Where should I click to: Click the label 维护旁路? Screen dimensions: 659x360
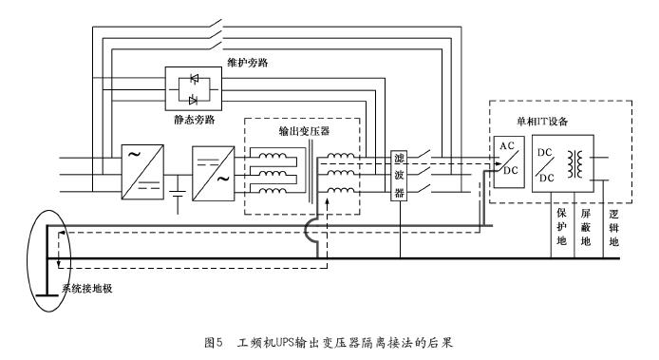(x=248, y=63)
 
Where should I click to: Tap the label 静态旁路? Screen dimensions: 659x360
(x=195, y=120)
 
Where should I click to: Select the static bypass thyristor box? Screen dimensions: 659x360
(x=194, y=88)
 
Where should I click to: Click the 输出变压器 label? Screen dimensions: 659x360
(x=304, y=131)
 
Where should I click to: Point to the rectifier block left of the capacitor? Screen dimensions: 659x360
(x=142, y=172)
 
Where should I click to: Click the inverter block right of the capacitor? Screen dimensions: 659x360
(x=213, y=173)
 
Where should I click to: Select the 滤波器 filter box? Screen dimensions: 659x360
(x=399, y=176)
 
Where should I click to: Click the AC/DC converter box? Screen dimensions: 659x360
(x=509, y=161)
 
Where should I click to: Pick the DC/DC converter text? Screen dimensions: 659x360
(x=545, y=165)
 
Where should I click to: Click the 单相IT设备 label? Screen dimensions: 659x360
(x=542, y=122)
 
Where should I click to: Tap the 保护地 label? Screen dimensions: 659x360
(x=562, y=227)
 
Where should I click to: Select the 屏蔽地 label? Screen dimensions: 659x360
(x=586, y=227)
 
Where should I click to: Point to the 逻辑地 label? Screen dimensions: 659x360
(x=614, y=228)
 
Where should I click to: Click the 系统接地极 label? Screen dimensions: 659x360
(x=87, y=289)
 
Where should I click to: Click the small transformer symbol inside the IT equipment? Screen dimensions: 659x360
(x=575, y=164)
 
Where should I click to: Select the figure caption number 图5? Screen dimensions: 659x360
(x=213, y=343)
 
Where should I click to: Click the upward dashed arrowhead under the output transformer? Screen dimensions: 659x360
(x=328, y=202)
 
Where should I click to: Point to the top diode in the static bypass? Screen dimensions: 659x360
(x=194, y=79)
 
